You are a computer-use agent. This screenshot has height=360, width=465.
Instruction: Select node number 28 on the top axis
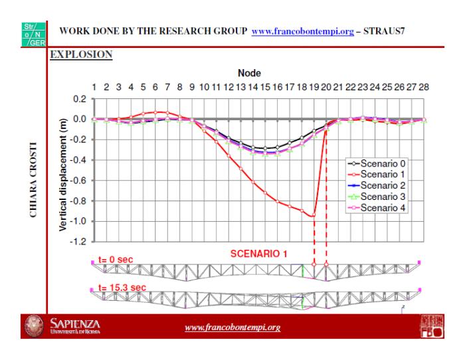click(x=423, y=87)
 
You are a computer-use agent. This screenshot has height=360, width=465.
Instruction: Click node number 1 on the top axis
click(x=95, y=87)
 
